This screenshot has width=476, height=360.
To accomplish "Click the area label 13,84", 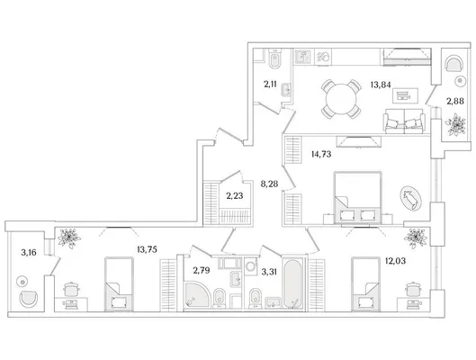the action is [x=381, y=85].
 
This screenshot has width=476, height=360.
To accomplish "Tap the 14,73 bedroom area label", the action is [x=321, y=154].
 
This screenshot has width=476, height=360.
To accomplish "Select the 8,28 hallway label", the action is [x=269, y=184].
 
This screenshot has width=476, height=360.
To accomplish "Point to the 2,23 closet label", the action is [x=235, y=196].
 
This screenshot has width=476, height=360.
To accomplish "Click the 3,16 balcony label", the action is [x=29, y=252].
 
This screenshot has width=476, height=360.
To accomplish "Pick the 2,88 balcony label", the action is [x=455, y=101].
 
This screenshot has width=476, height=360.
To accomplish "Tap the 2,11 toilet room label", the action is [x=270, y=84].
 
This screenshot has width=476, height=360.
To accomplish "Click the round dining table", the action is [x=341, y=99].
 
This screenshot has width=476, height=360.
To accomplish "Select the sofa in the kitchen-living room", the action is [x=404, y=121].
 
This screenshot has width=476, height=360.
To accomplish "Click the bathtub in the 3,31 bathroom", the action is [x=292, y=283].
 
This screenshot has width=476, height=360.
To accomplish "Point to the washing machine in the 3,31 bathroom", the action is [x=251, y=266].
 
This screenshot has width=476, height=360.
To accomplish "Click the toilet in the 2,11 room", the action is [x=275, y=59].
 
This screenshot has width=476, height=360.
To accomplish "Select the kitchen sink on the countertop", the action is [x=302, y=57].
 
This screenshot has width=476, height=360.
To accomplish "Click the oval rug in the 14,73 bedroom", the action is [x=410, y=198].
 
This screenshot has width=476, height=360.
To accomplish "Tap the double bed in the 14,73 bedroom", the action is [x=357, y=198].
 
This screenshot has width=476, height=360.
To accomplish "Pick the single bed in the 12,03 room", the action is [x=366, y=284].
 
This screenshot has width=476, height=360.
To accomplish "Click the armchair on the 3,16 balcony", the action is [x=29, y=299].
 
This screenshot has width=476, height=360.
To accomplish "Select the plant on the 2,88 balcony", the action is [x=455, y=124].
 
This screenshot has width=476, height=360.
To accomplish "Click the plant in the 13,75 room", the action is [x=69, y=238].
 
